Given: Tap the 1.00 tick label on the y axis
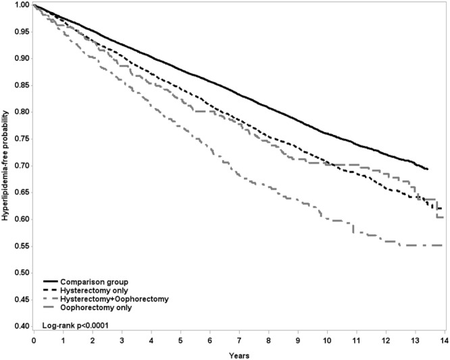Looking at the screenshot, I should (x=22, y=5).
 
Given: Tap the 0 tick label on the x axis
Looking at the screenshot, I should (x=33, y=341).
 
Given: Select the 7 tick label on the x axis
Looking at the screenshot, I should (x=239, y=341).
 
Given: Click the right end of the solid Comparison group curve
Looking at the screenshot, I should (x=428, y=169).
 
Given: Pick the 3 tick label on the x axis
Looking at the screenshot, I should (x=121, y=341).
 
